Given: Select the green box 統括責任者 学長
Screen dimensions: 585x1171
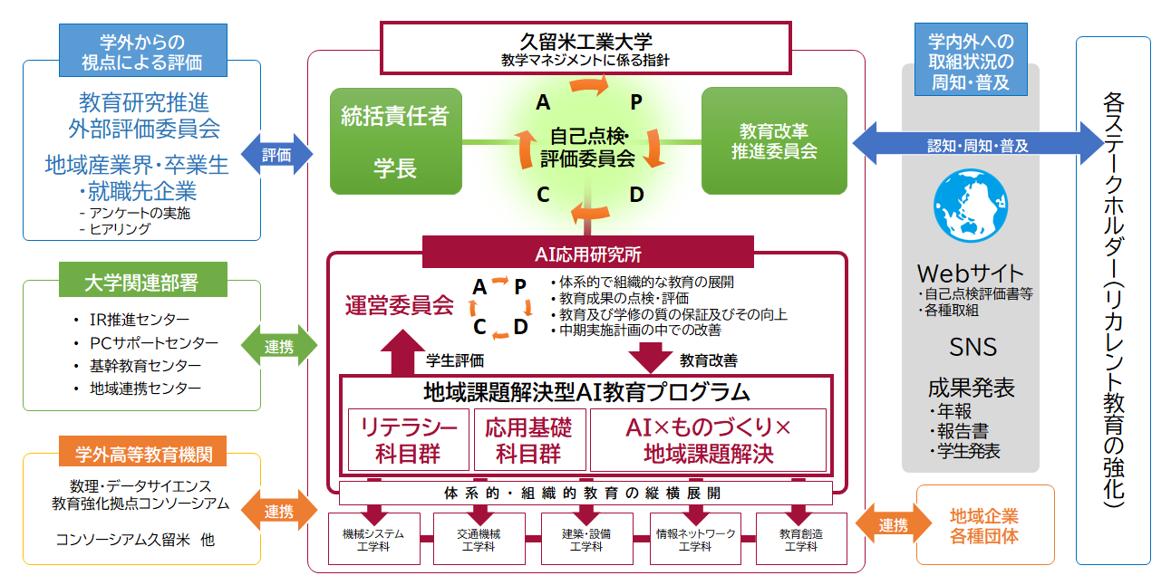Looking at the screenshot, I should tap(395, 141).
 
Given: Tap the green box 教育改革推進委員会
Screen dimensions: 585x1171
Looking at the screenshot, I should tap(774, 141).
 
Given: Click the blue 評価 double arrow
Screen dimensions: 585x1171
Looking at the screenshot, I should tap(276, 155).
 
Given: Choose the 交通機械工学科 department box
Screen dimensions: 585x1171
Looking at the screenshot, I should tap(475, 540).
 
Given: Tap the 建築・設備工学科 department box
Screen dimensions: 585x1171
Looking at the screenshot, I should tap(585, 540).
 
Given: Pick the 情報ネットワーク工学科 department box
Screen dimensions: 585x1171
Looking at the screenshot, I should tap(694, 540).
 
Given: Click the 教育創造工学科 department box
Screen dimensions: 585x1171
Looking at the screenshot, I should tap(800, 540).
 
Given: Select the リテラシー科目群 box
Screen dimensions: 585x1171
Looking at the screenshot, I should tap(408, 439).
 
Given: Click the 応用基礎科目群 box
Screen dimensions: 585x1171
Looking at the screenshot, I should tap(528, 439).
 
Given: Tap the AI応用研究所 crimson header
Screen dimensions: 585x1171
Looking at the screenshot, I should tap(587, 253).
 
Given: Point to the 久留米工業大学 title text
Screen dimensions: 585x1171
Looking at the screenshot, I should tap(586, 41).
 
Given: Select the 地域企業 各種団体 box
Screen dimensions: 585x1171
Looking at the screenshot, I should tap(984, 525).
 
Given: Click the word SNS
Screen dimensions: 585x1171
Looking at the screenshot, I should tap(973, 347).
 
